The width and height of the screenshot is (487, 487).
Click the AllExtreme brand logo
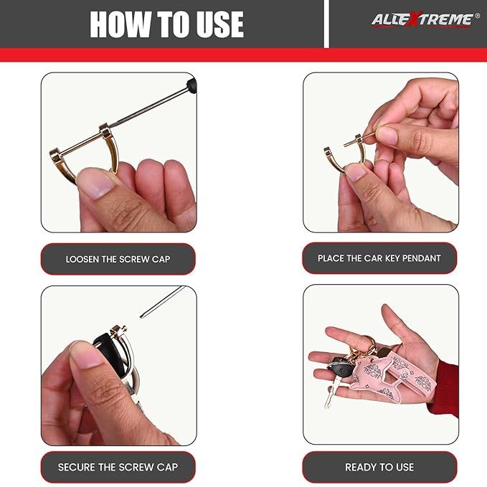click(422, 20)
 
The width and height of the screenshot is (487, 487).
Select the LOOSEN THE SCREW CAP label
click(118, 259)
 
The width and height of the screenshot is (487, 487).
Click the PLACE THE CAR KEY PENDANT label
click(379, 258)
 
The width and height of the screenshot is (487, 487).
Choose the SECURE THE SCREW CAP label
click(118, 467)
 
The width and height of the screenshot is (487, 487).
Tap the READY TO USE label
click(379, 467)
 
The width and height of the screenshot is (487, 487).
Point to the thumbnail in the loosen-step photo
click(95, 183)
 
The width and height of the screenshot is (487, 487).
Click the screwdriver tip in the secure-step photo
click(142, 316)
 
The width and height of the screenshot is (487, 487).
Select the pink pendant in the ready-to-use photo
click(393, 376)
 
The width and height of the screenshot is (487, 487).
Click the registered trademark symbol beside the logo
click(477, 15)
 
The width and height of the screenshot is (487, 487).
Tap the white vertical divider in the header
click(326, 24)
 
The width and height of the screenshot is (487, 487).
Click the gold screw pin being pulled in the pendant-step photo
click(360, 139)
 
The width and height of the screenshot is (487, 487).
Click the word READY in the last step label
click(359, 467)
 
